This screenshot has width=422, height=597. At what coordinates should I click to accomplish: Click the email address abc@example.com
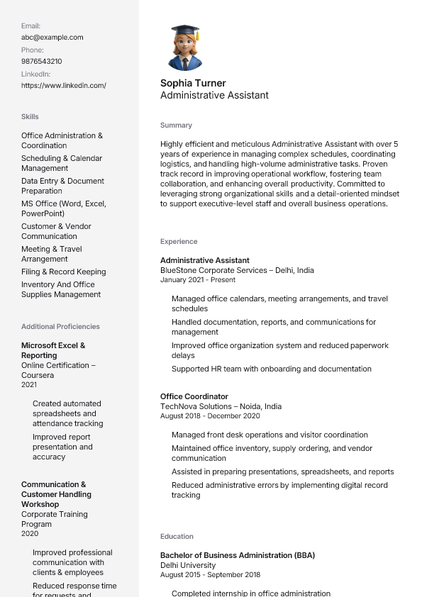pos(52,38)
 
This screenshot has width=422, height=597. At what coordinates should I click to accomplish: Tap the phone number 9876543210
pos(41,62)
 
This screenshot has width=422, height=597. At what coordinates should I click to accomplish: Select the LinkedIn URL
pos(63,86)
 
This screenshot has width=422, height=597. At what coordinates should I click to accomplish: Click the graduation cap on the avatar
pos(185,31)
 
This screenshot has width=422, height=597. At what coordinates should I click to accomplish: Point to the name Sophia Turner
pos(193,83)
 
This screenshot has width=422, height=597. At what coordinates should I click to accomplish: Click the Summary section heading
pos(176,125)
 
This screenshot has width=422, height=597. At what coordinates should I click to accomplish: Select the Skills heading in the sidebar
pos(30,117)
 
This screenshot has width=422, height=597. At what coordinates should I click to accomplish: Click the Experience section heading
pos(179,242)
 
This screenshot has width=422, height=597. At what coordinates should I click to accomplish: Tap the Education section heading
pos(177,537)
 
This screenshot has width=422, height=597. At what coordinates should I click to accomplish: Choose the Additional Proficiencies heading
pos(60,327)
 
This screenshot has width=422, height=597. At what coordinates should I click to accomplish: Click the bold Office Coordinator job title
pos(194,397)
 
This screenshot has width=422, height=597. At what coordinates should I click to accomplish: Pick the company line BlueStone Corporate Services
pos(237,270)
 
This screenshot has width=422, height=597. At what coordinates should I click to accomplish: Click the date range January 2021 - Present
pos(198,280)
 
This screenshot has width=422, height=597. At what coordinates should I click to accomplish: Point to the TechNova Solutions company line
pos(221,407)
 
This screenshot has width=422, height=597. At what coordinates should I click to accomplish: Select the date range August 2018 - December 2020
pos(210,416)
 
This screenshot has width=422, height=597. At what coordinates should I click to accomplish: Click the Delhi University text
pos(188,566)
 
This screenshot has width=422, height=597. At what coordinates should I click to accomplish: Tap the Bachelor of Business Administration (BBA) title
pos(238,556)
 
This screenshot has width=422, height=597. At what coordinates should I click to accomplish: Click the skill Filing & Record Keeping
pos(63,272)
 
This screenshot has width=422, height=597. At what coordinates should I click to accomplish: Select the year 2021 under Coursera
pos(29,385)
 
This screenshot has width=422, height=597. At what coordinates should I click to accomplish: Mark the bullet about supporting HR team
pos(272,369)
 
